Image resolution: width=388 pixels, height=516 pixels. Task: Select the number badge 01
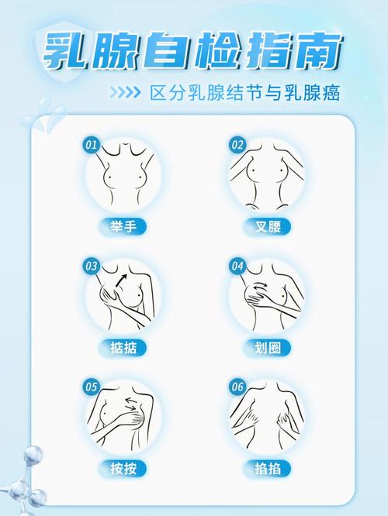coord(91,145)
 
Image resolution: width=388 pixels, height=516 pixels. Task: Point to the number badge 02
coord(237,145)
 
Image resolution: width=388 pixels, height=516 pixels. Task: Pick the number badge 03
coord(91,267)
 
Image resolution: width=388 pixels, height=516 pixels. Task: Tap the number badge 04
coord(237,267)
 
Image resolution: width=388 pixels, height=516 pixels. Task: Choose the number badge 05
coord(91,386)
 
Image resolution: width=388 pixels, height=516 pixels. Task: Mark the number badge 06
coord(237,386)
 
